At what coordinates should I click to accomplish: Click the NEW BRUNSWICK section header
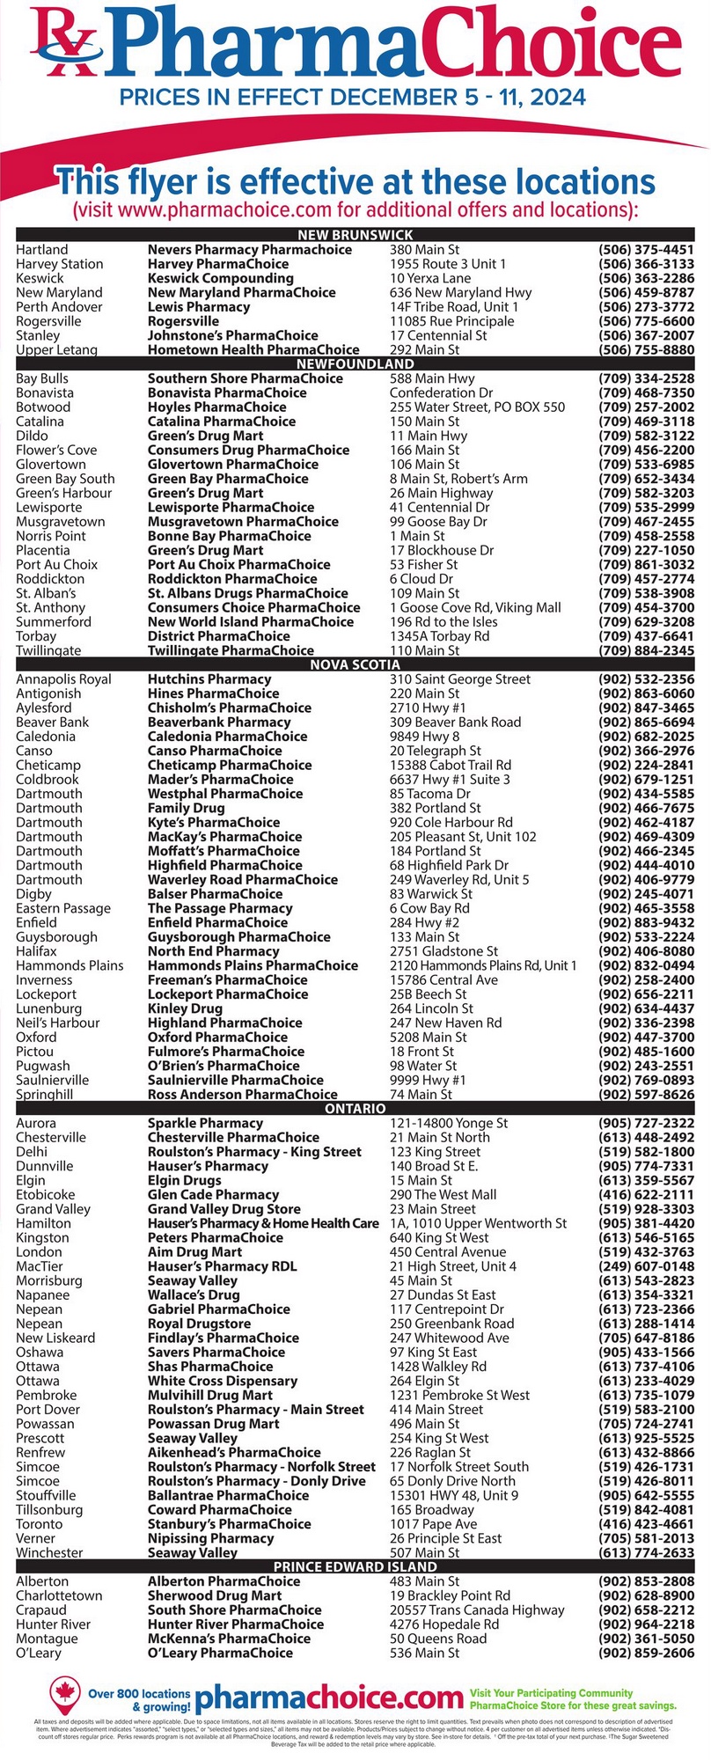coord(355,235)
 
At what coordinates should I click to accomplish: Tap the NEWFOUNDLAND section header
coord(355,363)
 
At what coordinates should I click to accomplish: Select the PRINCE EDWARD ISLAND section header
coord(355,1566)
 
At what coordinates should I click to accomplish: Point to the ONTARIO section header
coord(355,1109)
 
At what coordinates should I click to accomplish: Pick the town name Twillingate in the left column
coord(48,650)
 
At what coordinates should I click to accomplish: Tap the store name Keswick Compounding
coord(220,278)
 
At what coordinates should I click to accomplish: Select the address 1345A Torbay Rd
coord(440,636)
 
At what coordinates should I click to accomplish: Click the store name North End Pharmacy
coord(213,951)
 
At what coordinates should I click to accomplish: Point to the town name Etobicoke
coord(46,1195)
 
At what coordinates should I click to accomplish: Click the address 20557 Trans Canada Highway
coord(477,1610)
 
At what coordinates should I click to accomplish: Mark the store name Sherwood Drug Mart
coord(215,1595)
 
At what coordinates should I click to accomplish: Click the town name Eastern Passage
coord(63,908)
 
